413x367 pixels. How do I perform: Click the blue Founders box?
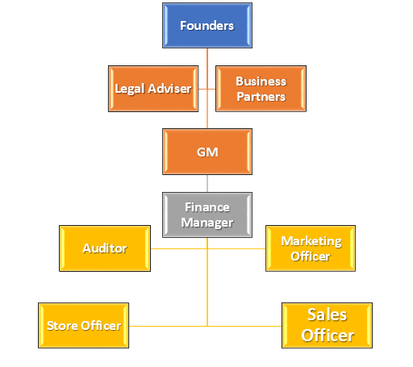click(x=207, y=26)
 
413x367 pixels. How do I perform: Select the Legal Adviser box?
click(x=153, y=89)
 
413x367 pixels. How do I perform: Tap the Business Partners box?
click(x=261, y=89)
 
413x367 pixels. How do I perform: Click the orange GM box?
click(x=207, y=152)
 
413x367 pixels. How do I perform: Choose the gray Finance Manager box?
click(x=207, y=215)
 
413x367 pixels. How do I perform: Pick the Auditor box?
click(x=105, y=248)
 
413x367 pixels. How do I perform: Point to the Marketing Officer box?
click(x=311, y=248)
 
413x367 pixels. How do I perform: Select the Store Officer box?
click(x=83, y=325)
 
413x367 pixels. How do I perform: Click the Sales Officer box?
click(x=327, y=325)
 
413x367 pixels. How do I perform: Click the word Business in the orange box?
click(x=261, y=81)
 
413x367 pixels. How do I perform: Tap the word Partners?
click(x=261, y=97)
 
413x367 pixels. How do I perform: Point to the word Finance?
click(x=207, y=207)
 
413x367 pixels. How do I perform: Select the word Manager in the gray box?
click(x=207, y=223)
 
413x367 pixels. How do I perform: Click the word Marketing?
click(x=311, y=241)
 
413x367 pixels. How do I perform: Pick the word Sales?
click(x=327, y=315)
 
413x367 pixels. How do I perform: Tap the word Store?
click(x=62, y=326)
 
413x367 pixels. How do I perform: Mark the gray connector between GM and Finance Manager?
click(x=207, y=183)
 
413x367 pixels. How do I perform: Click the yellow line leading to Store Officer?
click(x=168, y=326)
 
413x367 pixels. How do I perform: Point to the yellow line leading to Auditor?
click(x=179, y=248)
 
